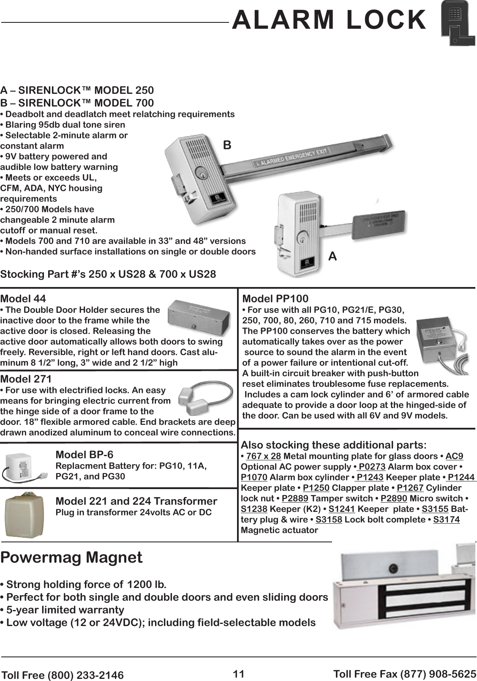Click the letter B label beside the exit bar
[x=227, y=145]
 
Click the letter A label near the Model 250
[x=333, y=256]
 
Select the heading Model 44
[x=23, y=299]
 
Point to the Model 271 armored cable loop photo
[x=204, y=398]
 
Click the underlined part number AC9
[x=454, y=456]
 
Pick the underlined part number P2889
[x=295, y=498]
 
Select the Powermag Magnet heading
[x=72, y=557]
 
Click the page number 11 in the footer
[x=239, y=673]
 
